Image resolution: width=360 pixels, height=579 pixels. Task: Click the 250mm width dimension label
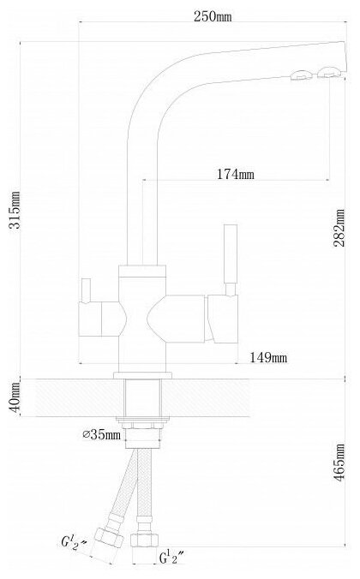(213, 16)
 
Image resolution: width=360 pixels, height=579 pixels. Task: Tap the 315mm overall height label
(15, 210)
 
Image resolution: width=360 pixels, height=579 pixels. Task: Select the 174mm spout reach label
(236, 174)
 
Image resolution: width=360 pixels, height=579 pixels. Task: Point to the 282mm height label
(339, 228)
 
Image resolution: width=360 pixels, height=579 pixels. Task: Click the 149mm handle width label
(268, 357)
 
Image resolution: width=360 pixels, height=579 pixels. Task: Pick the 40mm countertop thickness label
(15, 398)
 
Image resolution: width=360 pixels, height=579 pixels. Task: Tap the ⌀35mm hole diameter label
(102, 434)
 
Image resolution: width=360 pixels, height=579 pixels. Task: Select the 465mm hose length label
(339, 462)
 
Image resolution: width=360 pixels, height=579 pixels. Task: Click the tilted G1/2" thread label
(74, 544)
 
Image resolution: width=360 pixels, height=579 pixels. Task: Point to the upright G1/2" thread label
(172, 558)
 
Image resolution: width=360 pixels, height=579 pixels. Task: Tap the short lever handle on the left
(86, 290)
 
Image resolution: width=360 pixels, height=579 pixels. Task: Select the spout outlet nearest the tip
(327, 72)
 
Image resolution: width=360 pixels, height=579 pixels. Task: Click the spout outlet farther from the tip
(302, 75)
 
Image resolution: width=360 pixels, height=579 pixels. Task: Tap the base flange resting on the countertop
(142, 375)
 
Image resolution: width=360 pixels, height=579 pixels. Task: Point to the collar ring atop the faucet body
(142, 272)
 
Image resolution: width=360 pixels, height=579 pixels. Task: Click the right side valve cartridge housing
(223, 319)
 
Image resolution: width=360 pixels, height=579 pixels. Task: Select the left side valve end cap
(90, 319)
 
